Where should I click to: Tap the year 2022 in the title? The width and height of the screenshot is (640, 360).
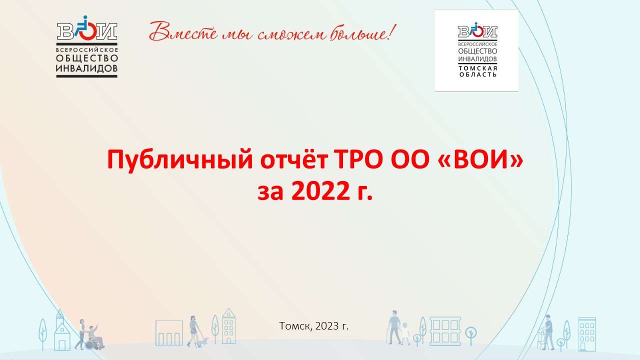coord(320,191)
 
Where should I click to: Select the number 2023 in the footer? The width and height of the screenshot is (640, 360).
coord(327,326)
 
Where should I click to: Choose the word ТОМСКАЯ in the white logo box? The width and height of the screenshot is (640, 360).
coord(477,68)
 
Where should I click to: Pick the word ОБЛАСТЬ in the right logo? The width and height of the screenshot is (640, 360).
coord(477,75)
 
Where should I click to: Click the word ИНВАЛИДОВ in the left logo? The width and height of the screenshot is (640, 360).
coord(87,68)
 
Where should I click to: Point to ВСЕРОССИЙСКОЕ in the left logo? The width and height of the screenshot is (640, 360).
coord(87,50)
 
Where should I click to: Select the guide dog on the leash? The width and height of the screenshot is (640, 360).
coord(203,341)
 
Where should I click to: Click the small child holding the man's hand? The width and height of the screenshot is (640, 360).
coord(405,333)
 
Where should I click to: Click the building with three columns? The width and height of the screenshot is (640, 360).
coord(169,333)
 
